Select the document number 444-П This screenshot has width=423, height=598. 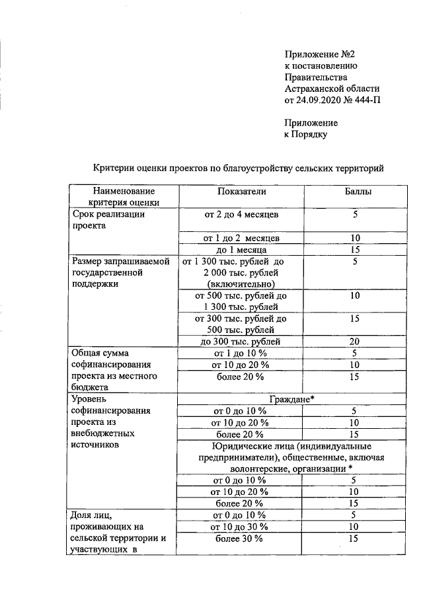point(364,100)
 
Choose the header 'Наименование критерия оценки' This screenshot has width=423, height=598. point(122,197)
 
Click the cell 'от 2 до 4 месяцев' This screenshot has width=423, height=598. point(241,215)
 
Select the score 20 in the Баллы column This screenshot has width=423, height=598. point(354,342)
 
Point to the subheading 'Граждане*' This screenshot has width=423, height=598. point(295,399)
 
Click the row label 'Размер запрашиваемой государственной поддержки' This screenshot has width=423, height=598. point(121,272)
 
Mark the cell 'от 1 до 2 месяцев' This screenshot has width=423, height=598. point(241,238)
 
